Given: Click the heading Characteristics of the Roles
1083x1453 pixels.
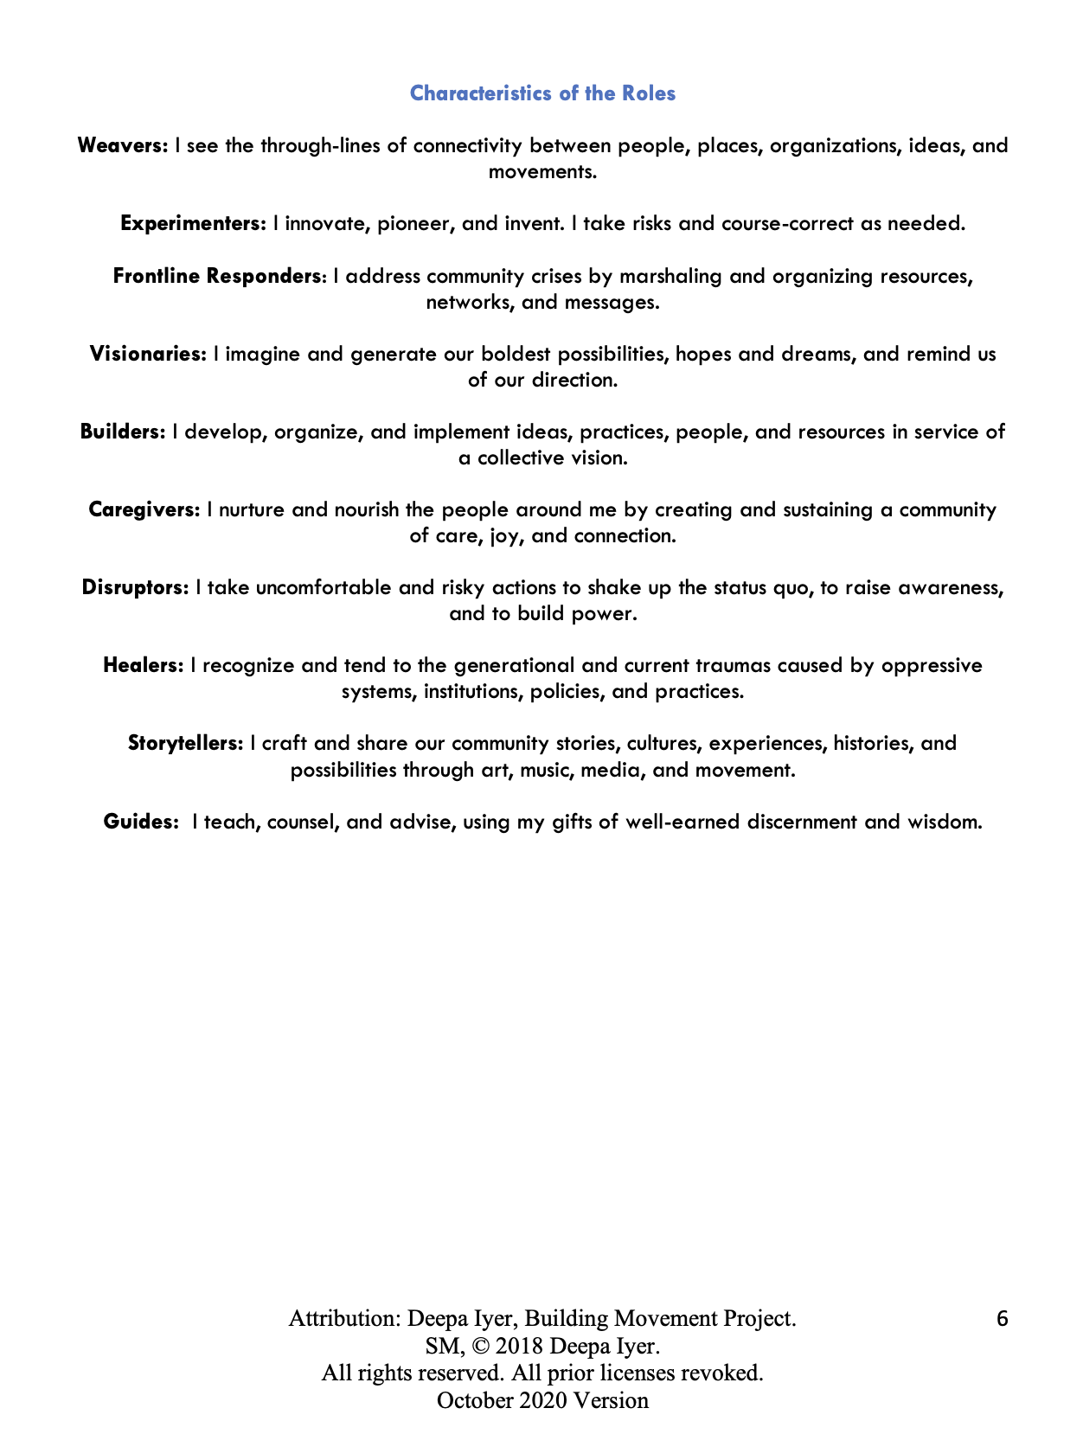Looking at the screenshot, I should click(x=542, y=93).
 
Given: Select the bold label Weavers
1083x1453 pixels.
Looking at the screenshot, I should click(x=122, y=145).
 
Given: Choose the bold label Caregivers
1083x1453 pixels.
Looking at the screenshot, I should click(x=144, y=509).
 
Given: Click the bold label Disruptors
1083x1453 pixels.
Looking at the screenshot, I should click(x=134, y=587).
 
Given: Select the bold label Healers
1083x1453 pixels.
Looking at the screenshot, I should click(x=143, y=665).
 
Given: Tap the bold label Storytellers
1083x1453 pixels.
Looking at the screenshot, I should click(x=185, y=743).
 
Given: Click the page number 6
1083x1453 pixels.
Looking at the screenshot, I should click(x=1002, y=1319).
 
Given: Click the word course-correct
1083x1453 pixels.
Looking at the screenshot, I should click(x=775, y=223).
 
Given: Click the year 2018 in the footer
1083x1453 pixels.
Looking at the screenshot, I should click(x=519, y=1347).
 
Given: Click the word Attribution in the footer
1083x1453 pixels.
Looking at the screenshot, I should click(x=343, y=1319).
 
